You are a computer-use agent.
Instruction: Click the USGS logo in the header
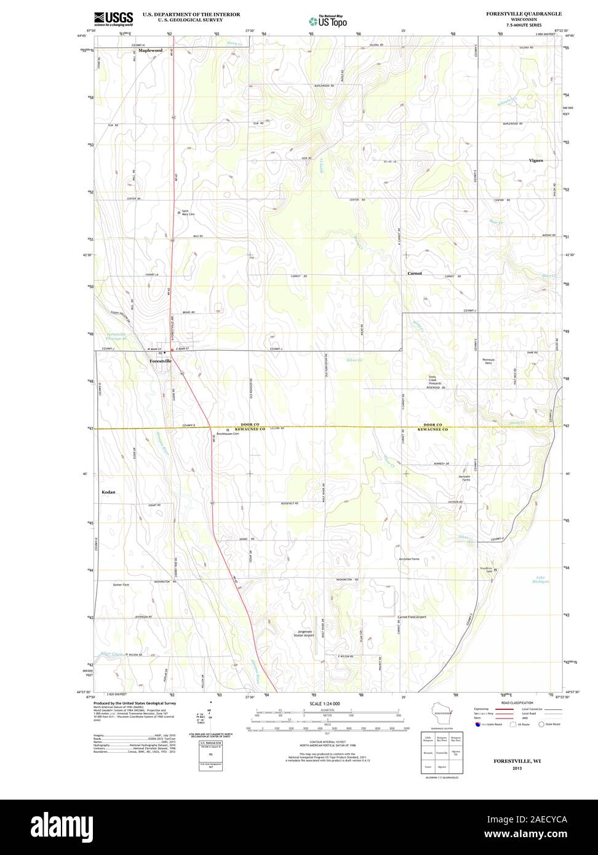pyautogui.click(x=114, y=18)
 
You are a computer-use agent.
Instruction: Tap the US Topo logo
pyautogui.click(x=328, y=21)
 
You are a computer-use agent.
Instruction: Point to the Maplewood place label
pyautogui.click(x=150, y=50)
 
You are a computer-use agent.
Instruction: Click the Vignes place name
pyautogui.click(x=535, y=160)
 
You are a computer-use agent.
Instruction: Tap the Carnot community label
pyautogui.click(x=415, y=272)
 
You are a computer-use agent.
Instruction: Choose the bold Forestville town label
pyautogui.click(x=161, y=361)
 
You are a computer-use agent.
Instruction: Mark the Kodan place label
pyautogui.click(x=108, y=492)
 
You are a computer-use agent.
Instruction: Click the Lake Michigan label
pyautogui.click(x=541, y=579)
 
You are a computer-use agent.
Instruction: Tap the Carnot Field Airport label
pyautogui.click(x=412, y=616)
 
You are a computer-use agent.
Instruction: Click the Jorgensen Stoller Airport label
pyautogui.click(x=303, y=634)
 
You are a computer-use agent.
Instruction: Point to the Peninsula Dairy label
pyautogui.click(x=488, y=361)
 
